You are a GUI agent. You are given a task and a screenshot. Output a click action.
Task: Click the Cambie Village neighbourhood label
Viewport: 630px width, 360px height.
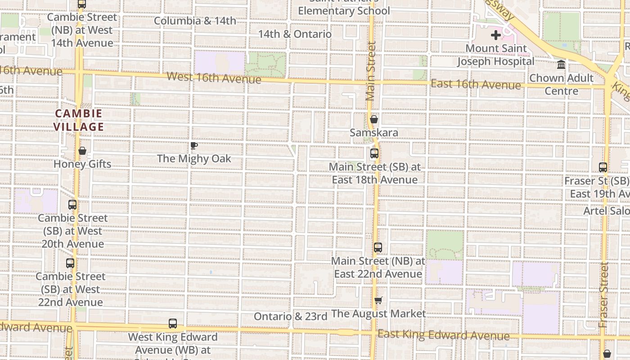click(x=79, y=120)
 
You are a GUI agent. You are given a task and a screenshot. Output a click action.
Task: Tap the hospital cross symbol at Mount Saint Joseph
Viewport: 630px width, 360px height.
click(x=496, y=35)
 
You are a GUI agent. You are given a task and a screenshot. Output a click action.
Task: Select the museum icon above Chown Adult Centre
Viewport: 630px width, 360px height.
click(x=561, y=65)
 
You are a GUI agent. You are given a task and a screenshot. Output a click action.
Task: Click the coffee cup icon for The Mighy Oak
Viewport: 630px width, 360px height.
click(x=193, y=145)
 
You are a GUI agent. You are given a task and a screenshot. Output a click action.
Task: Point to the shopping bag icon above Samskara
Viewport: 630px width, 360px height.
click(x=374, y=119)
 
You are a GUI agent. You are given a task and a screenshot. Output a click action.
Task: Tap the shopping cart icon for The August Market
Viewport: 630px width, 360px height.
click(x=378, y=300)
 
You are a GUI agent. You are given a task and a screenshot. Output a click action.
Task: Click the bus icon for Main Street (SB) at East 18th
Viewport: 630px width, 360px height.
click(x=374, y=153)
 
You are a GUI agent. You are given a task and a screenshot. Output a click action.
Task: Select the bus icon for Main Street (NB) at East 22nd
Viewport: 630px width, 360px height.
click(x=378, y=247)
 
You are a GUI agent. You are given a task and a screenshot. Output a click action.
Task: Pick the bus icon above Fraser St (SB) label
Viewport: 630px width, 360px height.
click(x=603, y=167)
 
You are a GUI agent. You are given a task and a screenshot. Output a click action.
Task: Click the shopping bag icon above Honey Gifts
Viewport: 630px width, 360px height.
click(x=82, y=151)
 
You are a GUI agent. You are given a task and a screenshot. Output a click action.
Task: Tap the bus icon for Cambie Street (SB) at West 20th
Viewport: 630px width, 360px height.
click(x=72, y=205)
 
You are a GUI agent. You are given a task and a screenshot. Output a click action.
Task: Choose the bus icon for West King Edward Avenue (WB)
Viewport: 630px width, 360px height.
click(x=173, y=324)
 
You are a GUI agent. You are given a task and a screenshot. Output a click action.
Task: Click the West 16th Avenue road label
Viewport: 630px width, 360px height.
click(x=214, y=77)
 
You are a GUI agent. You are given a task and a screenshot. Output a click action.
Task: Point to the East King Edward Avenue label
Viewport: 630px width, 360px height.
click(x=443, y=335)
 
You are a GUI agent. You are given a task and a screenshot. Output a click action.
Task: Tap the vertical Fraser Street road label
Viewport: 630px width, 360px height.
click(x=604, y=295)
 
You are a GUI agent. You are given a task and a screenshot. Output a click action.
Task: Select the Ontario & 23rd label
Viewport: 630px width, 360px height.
click(x=290, y=316)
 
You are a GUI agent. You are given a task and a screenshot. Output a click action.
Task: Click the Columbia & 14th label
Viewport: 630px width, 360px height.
click(x=195, y=21)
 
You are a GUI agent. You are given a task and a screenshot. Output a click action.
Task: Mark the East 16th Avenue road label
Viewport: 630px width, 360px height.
click(x=476, y=84)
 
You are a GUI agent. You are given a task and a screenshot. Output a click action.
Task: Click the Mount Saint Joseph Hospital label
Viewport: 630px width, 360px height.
click(x=496, y=55)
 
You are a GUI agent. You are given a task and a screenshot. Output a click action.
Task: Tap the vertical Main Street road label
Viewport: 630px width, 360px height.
click(x=371, y=71)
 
